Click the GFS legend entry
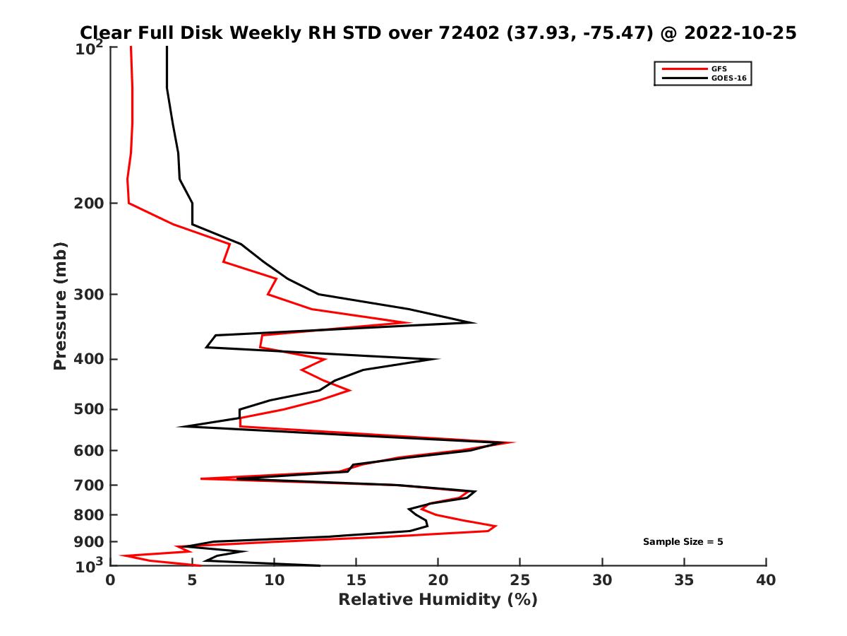pos(719,69)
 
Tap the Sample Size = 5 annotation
pos(683,542)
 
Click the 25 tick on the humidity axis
pos(520,580)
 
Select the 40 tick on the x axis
pos(766,580)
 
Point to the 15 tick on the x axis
pos(356,580)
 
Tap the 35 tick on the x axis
pos(684,580)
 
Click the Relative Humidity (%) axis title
pos(438,600)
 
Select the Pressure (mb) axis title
pos(60,305)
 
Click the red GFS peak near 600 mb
pos(514,443)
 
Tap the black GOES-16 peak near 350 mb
pos(475,323)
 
